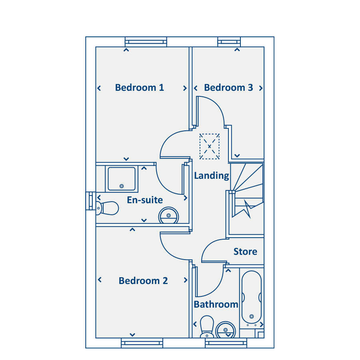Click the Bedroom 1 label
pos(140,88)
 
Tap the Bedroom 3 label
pos(228,88)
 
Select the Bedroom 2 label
pos(143,281)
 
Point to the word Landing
pos(212,176)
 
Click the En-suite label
pos(145,200)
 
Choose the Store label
pos(245,252)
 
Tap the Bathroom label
pos(216,304)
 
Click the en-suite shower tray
pos(122,179)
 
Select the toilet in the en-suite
pos(107,208)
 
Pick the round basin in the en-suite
pos(168,215)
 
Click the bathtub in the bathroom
pos(252,298)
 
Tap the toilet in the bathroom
pos(207,326)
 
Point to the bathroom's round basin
pos(226,330)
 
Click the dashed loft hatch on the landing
pos(209,146)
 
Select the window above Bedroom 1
pos(146,42)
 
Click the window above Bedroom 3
pos(229,42)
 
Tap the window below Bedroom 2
pos(142,343)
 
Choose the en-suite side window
pos(91,201)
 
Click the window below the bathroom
pos(226,343)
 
